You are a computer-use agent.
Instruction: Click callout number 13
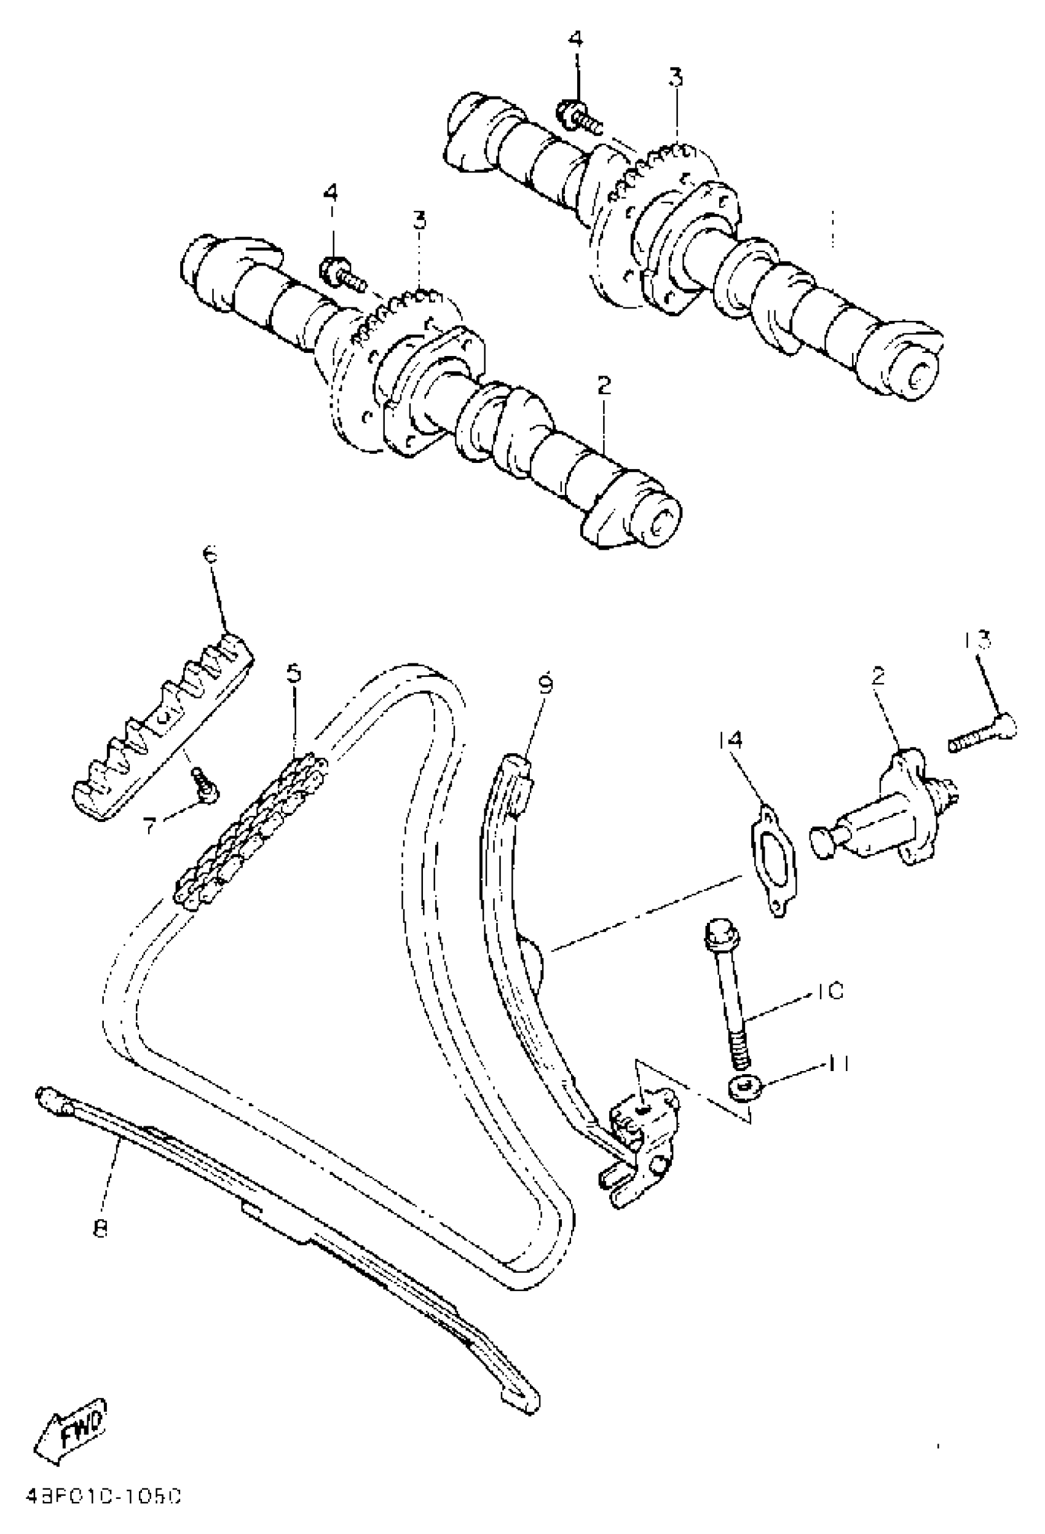tap(976, 639)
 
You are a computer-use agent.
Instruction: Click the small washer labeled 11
tap(746, 1087)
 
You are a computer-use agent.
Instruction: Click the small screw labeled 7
tap(204, 784)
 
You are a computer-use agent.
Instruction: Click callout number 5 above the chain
tap(294, 673)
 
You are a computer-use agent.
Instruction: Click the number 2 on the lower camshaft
tap(604, 385)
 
